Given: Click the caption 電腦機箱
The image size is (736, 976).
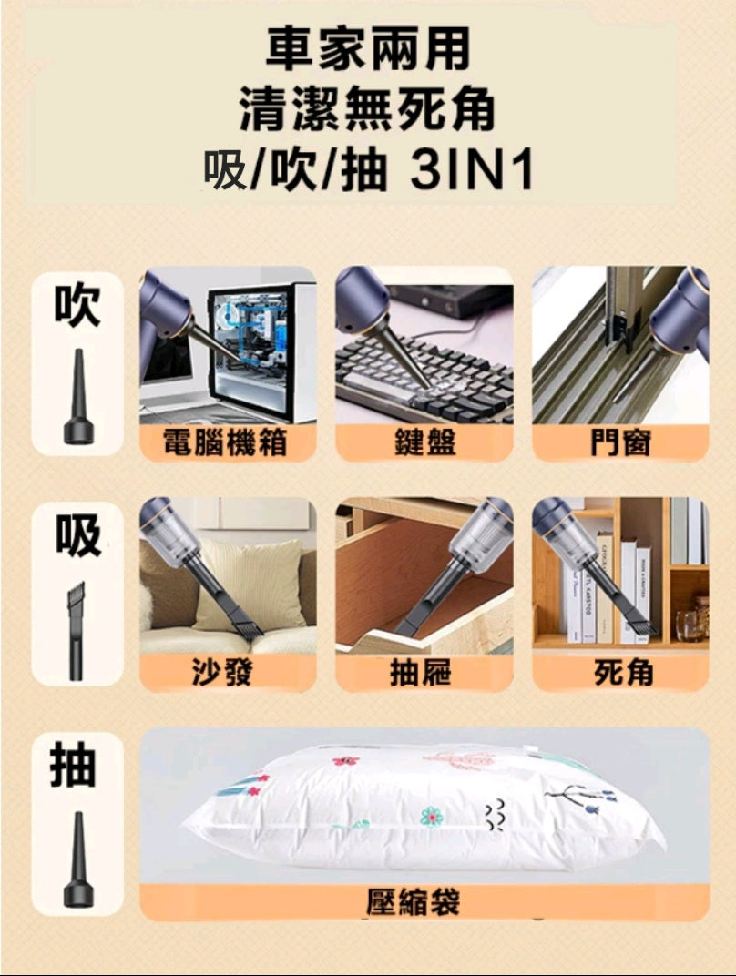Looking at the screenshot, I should (x=225, y=443).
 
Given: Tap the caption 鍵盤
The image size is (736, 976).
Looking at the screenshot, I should (x=424, y=443).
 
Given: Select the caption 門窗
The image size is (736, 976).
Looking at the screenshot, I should (x=621, y=443).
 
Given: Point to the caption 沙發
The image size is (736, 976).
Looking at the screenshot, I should (x=222, y=674).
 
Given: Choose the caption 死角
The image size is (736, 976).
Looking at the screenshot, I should (x=623, y=674).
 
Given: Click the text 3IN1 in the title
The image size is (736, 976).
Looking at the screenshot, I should (x=472, y=170).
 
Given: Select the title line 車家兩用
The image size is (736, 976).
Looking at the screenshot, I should (x=368, y=50).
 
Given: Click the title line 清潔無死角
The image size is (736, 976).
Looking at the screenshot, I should (x=368, y=109).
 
